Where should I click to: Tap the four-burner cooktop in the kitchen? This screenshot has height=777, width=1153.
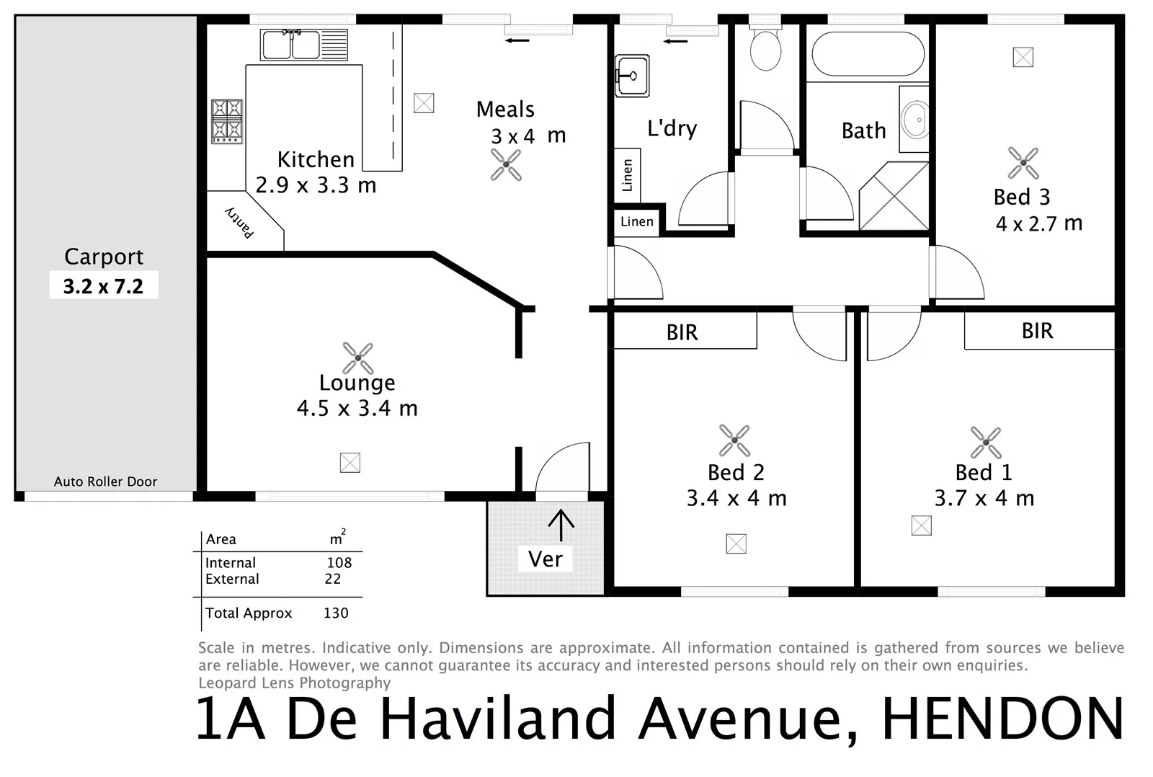pos(226,120)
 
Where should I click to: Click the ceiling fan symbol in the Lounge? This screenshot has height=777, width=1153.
pos(357,358)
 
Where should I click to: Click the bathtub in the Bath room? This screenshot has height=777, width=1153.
pos(867,53)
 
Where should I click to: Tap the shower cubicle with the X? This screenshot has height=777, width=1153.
pos(894,196)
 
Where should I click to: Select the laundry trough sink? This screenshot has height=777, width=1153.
pos(632,75)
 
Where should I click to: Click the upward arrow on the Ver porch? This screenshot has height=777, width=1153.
pos(561,525)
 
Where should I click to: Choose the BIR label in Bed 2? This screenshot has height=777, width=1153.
pos(682,332)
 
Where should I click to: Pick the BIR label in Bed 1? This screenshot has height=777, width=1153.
pos(1037,331)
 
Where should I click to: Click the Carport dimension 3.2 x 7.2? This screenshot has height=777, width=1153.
pos(103,286)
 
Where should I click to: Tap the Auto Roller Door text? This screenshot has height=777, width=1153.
pos(105,481)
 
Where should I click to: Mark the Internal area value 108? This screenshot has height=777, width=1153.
pos(339,562)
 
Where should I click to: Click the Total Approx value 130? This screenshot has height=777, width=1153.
pos(336,613)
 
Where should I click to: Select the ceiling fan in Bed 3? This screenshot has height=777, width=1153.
pos(1023,163)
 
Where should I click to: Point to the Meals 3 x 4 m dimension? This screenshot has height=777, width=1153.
pos(527,136)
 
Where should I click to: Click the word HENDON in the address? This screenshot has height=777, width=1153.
pos(1002,719)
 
